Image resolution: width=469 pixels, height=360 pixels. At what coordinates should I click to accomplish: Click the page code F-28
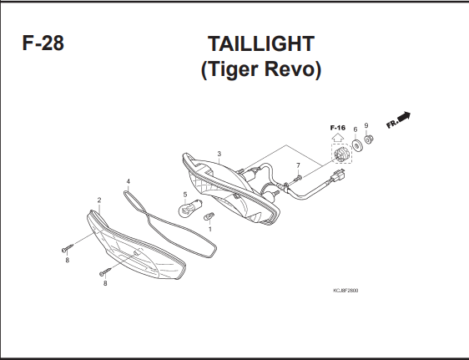(x=43, y=43)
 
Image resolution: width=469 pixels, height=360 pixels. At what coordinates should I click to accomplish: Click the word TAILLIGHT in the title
(x=261, y=43)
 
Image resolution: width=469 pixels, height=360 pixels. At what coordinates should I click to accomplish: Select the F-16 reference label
(x=338, y=128)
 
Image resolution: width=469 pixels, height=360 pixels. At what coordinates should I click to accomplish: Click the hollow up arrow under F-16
(x=338, y=137)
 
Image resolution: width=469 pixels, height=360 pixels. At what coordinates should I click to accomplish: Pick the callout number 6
(x=355, y=129)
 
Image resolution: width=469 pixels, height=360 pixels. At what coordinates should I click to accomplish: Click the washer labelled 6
(x=357, y=145)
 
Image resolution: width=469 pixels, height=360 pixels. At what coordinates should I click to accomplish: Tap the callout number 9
(x=366, y=125)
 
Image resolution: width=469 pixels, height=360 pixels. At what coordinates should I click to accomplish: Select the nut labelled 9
(x=369, y=139)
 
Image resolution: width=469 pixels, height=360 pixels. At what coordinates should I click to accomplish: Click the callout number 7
(x=298, y=165)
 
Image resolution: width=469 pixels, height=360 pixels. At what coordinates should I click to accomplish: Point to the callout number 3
(x=219, y=154)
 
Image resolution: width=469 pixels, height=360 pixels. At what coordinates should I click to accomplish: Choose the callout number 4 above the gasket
(x=129, y=181)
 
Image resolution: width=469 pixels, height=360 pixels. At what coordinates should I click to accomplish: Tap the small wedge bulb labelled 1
(x=209, y=216)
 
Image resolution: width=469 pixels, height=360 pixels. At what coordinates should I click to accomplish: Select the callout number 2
(x=99, y=200)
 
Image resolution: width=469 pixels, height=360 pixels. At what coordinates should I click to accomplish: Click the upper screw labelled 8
(x=68, y=248)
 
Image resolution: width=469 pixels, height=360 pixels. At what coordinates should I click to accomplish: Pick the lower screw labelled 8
(x=106, y=271)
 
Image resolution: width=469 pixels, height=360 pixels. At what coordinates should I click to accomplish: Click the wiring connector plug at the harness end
(x=338, y=175)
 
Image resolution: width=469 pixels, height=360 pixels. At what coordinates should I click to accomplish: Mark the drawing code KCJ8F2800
(x=345, y=291)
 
